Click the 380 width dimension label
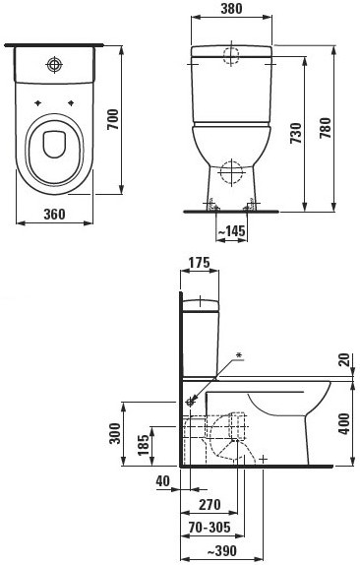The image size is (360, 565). point(231,8)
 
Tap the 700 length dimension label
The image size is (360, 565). point(113,120)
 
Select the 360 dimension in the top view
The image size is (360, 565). point(55,214)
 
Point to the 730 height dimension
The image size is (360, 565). point(296,133)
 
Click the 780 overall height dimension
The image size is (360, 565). point(325,128)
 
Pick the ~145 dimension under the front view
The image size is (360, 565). point(231,231)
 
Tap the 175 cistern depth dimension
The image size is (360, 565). point(200,263)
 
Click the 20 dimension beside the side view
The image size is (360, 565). point(344,359)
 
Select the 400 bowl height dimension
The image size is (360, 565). point(344,423)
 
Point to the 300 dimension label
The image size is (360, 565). point(115,433)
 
